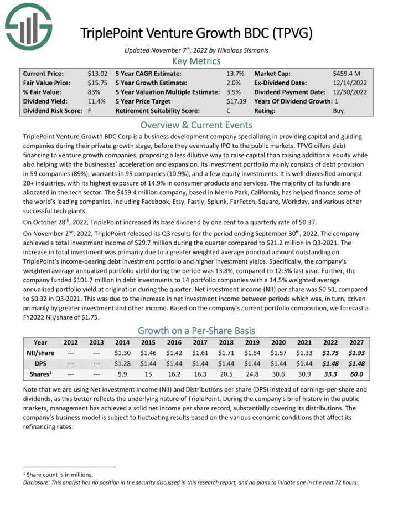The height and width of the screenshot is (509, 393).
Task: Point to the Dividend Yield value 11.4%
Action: tap(96, 101)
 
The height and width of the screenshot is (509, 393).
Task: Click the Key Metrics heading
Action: tap(196, 61)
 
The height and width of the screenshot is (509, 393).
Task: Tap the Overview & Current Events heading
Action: tap(196, 124)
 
